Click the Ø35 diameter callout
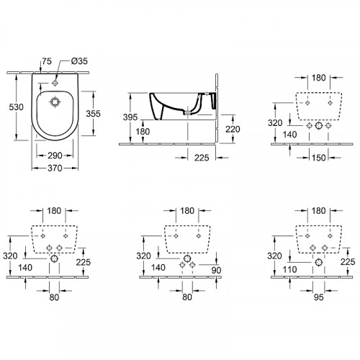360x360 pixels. coord(79,61)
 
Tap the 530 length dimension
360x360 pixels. coord(16,107)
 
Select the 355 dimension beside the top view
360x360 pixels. coord(93,114)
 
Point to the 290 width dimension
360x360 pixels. coord(55,156)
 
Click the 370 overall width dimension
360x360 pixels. coord(55,168)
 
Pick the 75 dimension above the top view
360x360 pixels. coord(47,61)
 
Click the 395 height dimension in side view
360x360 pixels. coord(130,117)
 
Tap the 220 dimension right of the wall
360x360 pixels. coord(233,130)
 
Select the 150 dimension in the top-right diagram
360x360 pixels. coord(318,158)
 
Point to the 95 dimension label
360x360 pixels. coord(319,297)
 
